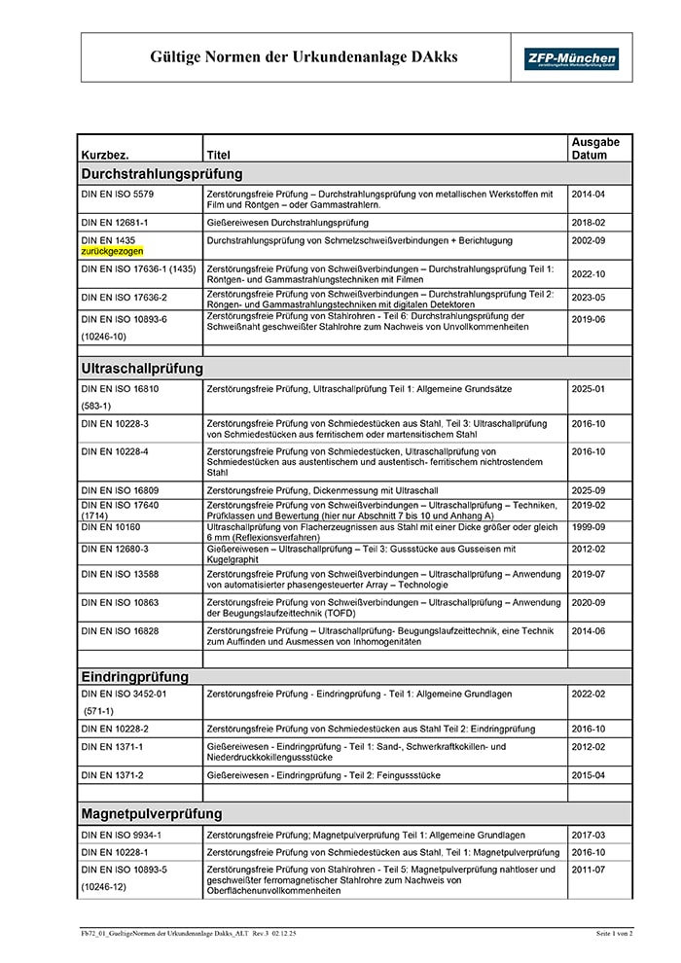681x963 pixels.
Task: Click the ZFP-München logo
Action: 570,58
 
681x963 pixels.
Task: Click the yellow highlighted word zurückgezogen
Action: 112,251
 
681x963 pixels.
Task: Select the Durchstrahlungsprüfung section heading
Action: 161,174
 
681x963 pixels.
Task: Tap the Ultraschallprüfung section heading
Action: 142,369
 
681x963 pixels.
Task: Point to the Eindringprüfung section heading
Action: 135,676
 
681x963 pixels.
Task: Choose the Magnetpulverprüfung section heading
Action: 152,813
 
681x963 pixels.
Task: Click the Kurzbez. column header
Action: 105,155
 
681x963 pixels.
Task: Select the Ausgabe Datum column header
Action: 594,148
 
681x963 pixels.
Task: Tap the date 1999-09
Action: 588,527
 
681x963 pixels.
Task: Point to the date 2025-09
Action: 588,490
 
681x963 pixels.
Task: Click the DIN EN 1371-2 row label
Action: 112,775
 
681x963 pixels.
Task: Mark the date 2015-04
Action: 588,775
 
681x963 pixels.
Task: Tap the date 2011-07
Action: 588,869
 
